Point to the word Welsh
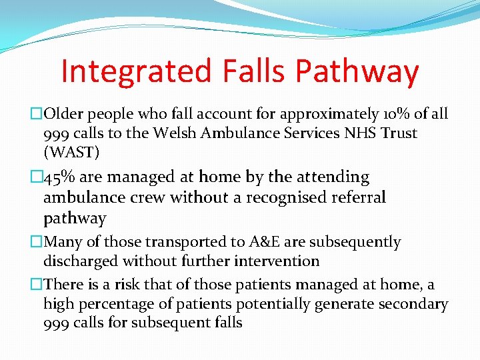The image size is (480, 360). click(175, 133)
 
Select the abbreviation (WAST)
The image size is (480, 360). click(71, 153)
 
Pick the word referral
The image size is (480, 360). click(354, 197)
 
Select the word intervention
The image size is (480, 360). click(277, 261)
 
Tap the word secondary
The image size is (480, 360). click(413, 304)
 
